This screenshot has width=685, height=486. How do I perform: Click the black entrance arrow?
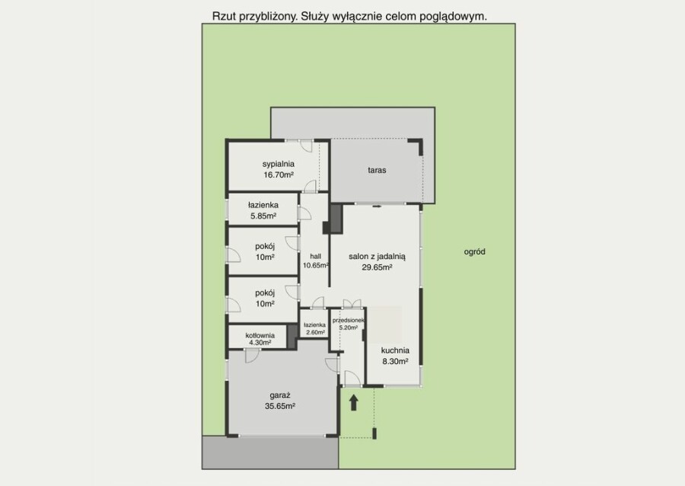click(353, 402)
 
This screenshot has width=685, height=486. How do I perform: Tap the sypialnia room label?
click(279, 164)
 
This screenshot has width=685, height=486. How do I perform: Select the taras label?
click(377, 170)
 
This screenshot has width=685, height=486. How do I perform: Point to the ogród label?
click(474, 251)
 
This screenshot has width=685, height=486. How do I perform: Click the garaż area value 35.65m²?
click(280, 406)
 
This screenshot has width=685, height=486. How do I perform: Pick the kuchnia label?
click(395, 350)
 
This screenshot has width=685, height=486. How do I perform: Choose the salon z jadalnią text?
click(378, 257)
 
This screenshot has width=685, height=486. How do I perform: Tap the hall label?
click(315, 256)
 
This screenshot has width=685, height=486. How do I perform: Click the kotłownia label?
click(260, 335)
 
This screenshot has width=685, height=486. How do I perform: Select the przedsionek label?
click(348, 321)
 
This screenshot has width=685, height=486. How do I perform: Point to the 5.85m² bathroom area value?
click(263, 216)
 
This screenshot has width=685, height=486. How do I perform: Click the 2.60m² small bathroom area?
click(315, 332)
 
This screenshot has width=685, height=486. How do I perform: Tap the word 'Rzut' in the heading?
click(221, 16)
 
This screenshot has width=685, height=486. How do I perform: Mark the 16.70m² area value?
click(279, 174)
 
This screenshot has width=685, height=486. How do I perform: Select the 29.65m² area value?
click(377, 267)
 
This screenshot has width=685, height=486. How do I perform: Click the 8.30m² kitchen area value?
click(395, 361)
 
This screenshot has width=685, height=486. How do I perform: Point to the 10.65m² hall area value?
click(316, 265)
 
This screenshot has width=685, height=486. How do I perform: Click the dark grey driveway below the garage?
click(270, 452)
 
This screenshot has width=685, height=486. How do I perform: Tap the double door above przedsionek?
click(352, 304)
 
